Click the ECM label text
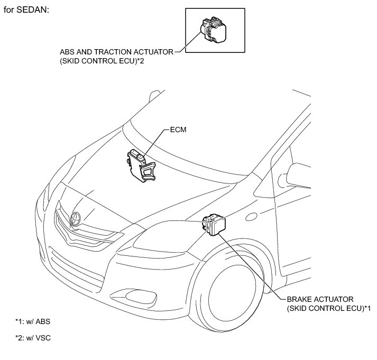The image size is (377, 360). [x=177, y=128]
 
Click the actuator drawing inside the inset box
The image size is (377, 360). [x=214, y=31]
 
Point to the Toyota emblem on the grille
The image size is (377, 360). [x=74, y=216]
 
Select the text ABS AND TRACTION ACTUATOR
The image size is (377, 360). [x=117, y=52]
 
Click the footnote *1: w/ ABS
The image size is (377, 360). [x=33, y=321]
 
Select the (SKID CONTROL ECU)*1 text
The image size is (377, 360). [x=328, y=308]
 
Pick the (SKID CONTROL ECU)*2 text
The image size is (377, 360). [x=103, y=61]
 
